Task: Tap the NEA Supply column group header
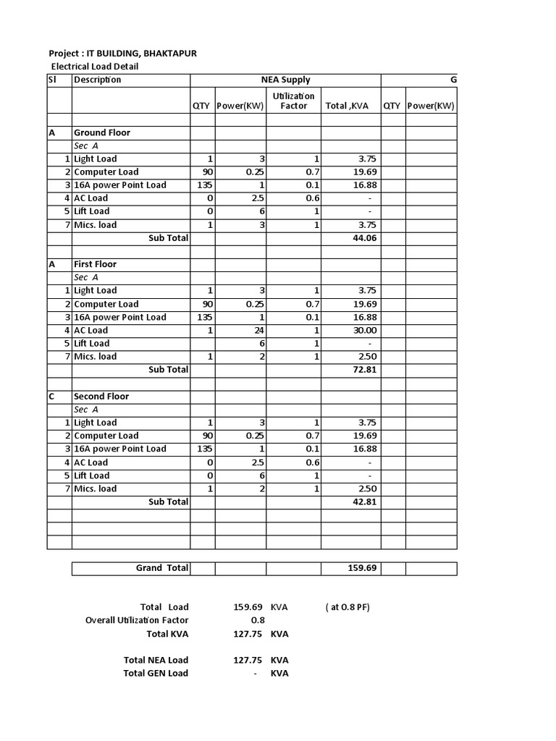[285, 80]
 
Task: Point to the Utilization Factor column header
[293, 101]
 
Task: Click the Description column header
[98, 80]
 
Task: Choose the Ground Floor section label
[102, 132]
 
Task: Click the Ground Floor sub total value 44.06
[364, 237]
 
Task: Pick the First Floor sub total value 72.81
[364, 369]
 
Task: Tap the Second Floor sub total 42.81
[364, 501]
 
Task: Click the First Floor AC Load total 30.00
[364, 330]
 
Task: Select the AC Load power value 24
[257, 330]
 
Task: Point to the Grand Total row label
[162, 568]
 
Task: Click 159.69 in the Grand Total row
[362, 568]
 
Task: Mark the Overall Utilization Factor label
[137, 620]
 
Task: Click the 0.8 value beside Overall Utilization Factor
[258, 620]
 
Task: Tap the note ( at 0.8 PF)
[347, 607]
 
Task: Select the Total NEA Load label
[156, 660]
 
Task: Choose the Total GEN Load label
[156, 673]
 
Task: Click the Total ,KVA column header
[347, 106]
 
